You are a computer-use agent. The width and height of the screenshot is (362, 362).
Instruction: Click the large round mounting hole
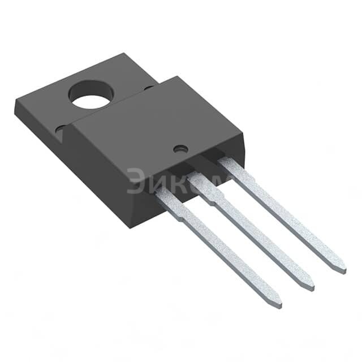(91, 96)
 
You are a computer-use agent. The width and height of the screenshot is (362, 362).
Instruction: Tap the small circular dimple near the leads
(180, 149)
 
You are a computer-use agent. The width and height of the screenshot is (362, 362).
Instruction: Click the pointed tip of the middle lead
(311, 287)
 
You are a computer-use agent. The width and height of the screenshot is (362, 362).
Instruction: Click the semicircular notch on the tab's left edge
(60, 130)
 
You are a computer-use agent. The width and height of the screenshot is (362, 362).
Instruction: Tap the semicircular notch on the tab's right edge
(148, 88)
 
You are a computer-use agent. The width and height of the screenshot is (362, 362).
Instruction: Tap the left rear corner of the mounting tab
(15, 102)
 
